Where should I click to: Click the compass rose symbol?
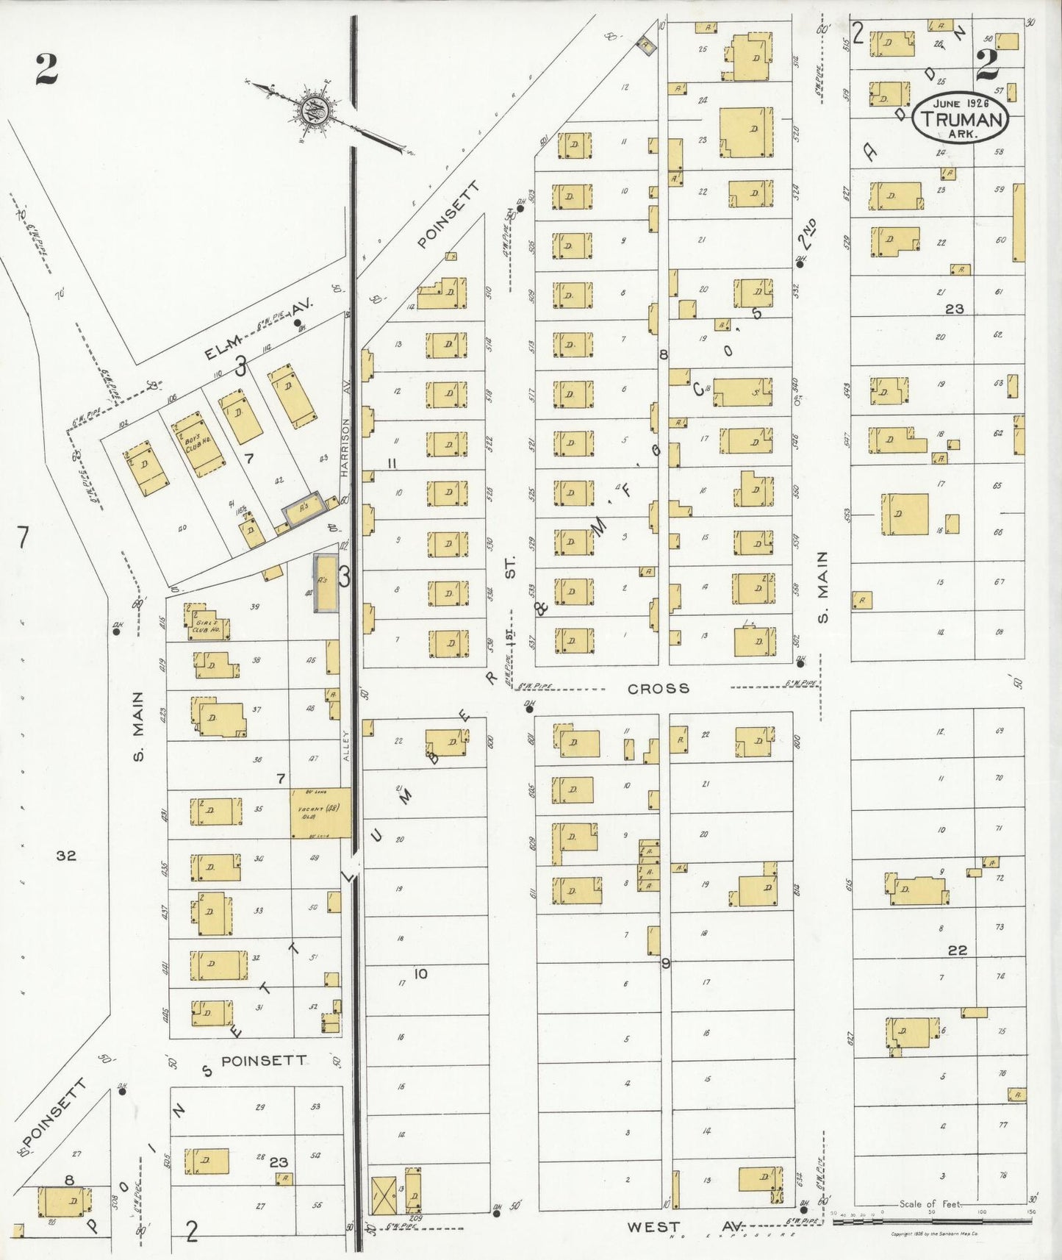[317, 112]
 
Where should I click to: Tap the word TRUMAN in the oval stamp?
[961, 120]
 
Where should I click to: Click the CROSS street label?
[659, 689]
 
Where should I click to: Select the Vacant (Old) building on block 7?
[319, 812]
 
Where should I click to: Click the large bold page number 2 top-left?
[46, 69]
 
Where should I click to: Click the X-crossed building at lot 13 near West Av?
[384, 1195]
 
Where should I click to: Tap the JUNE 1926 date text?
[961, 103]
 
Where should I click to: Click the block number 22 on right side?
[957, 951]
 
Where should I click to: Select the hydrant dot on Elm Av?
[297, 323]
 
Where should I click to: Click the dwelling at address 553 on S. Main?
[905, 514]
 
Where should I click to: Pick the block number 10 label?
[420, 974]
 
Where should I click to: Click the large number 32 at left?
[66, 856]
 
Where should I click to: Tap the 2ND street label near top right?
[809, 234]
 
